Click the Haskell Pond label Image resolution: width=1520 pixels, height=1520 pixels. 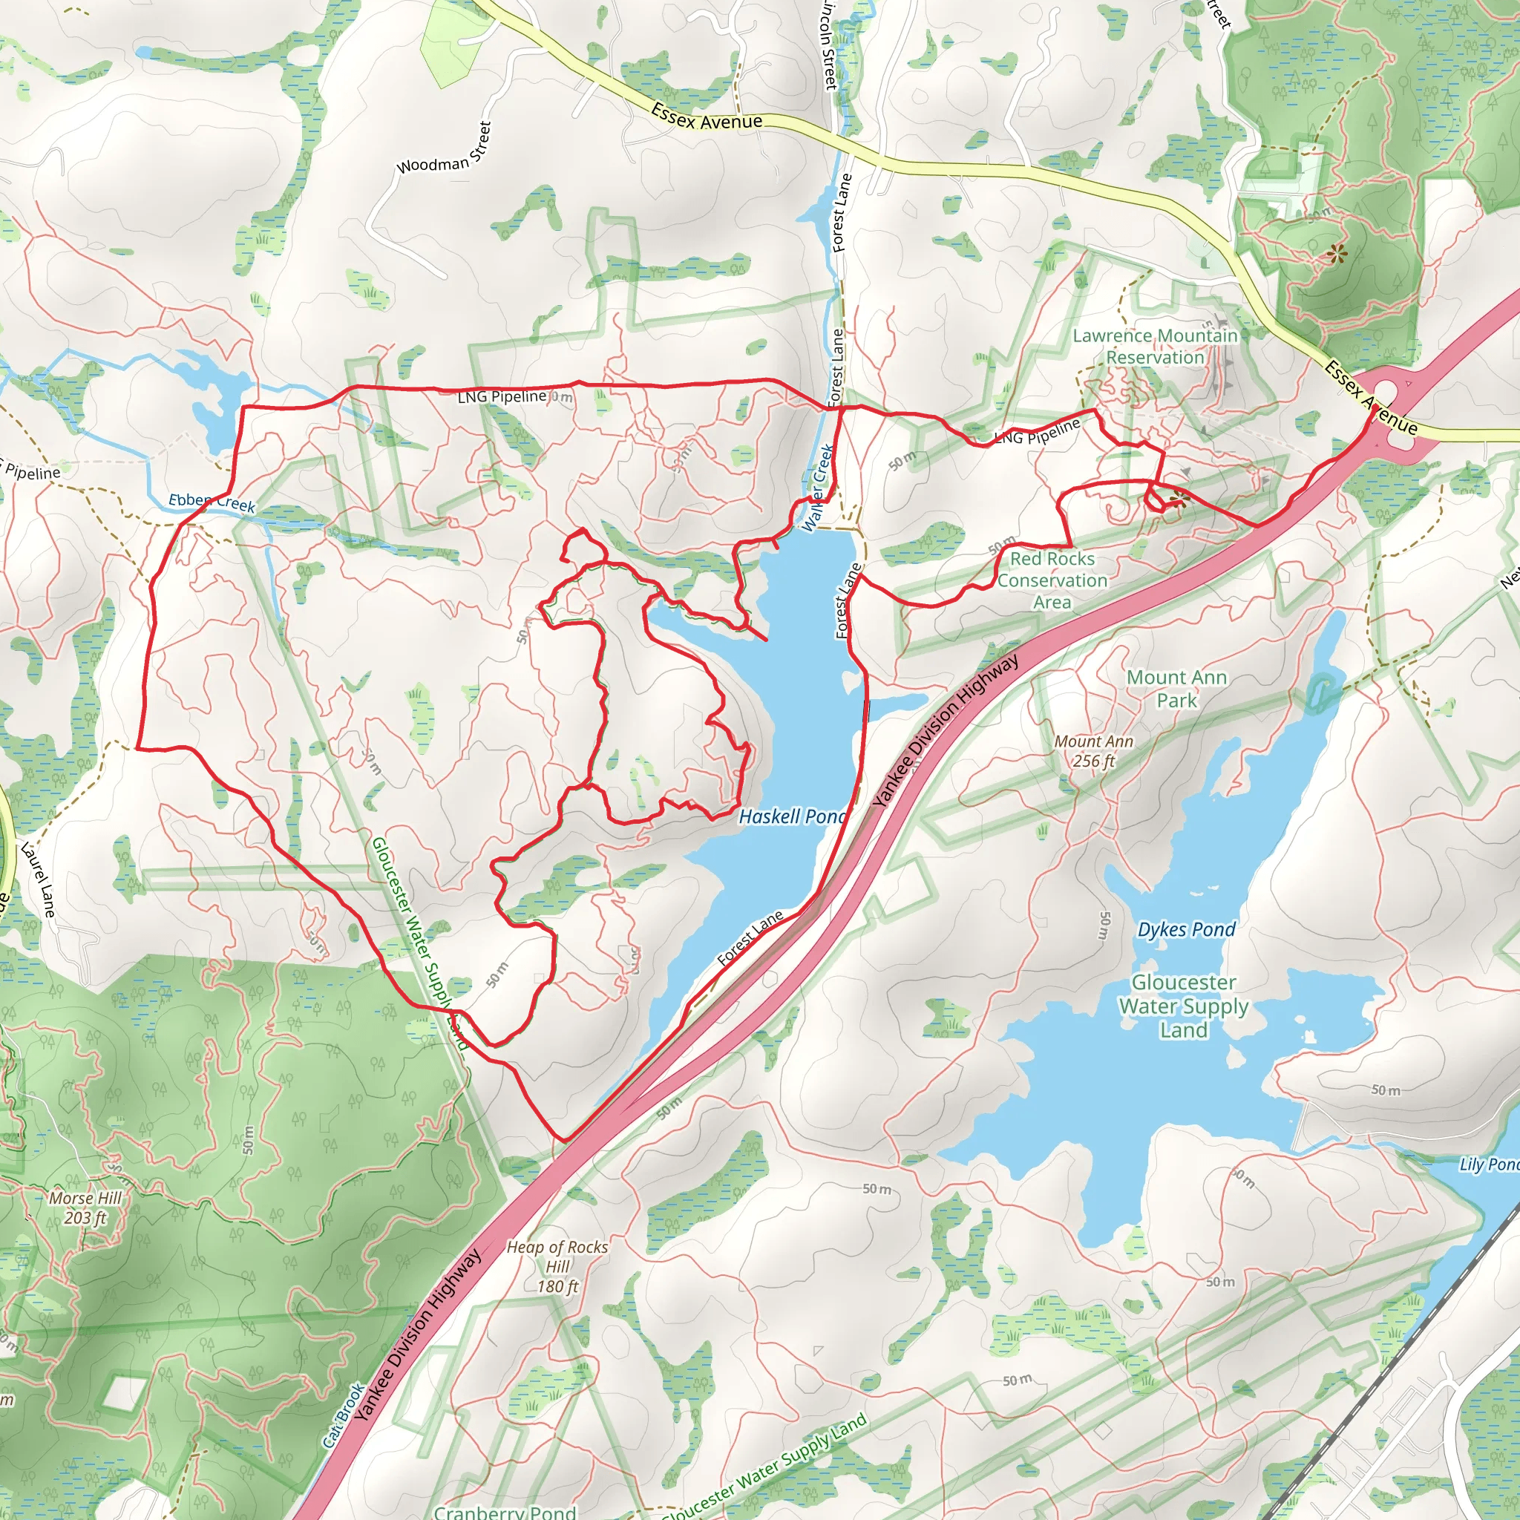click(791, 816)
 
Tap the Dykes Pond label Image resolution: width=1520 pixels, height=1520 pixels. click(1187, 929)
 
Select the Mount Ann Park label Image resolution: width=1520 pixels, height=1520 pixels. click(1176, 689)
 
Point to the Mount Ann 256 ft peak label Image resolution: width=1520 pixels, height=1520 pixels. click(1093, 750)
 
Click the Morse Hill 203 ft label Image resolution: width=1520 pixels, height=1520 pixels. click(85, 1208)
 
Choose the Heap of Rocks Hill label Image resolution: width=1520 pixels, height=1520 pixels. click(557, 1267)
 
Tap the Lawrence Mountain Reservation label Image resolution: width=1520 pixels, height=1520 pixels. click(1155, 346)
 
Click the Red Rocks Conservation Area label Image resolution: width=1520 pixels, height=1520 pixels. click(1052, 580)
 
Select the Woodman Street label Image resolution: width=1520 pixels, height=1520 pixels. click(445, 149)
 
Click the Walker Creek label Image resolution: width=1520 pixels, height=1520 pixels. click(817, 488)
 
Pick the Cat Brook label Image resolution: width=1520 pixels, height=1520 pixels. click(344, 1416)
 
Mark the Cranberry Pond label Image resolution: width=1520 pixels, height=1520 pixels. click(505, 1511)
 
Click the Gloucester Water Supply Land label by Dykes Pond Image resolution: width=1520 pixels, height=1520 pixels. click(1183, 1006)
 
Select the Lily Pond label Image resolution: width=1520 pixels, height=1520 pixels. click(1489, 1164)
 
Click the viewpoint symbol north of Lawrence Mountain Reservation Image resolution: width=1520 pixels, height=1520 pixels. click(1336, 253)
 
